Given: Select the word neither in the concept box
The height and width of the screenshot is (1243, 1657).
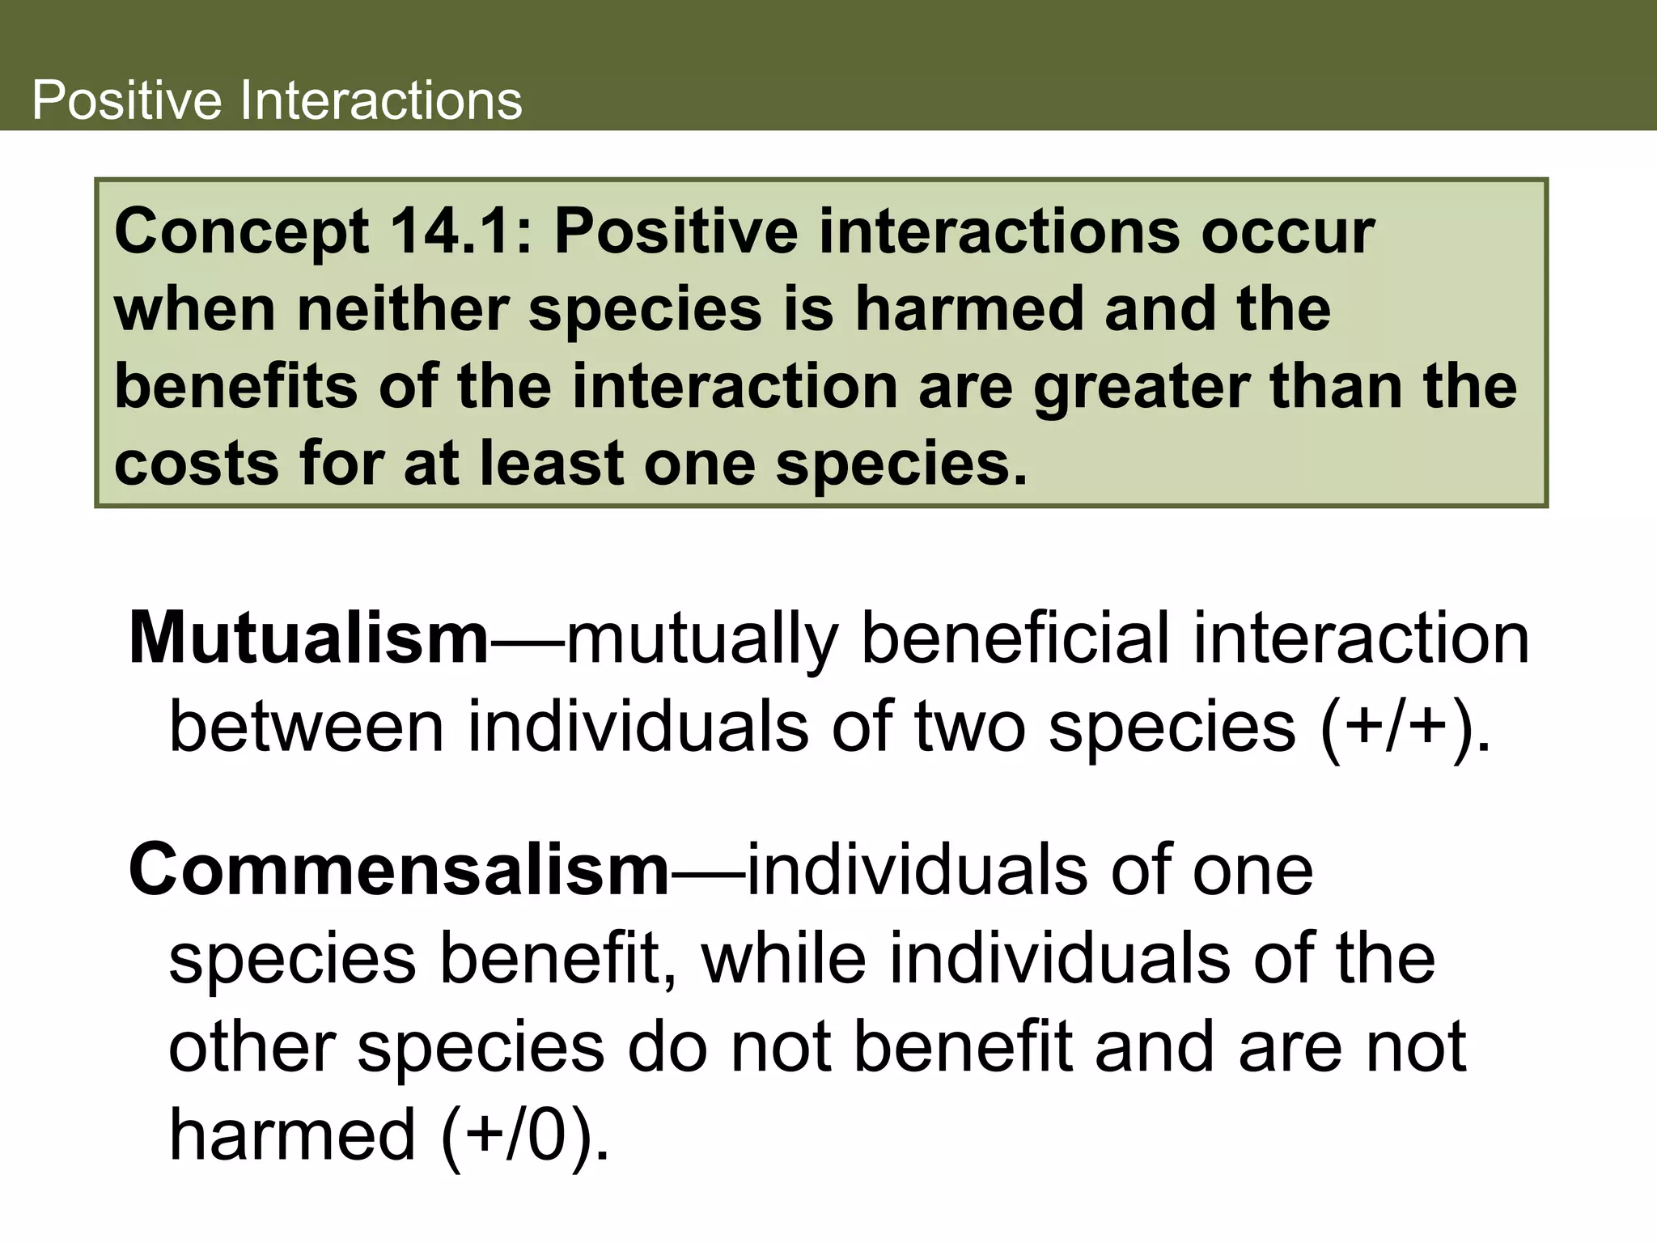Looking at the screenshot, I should [x=402, y=310].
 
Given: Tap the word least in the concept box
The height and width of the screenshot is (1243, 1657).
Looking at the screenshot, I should [x=551, y=464].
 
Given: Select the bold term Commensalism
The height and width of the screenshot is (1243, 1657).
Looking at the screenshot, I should [x=399, y=871].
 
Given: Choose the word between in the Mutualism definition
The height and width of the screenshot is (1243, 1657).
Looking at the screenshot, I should [x=306, y=728].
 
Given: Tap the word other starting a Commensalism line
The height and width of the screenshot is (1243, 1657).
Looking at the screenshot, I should [x=252, y=1047].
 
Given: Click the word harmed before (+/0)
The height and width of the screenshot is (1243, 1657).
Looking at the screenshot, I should [x=292, y=1135].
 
